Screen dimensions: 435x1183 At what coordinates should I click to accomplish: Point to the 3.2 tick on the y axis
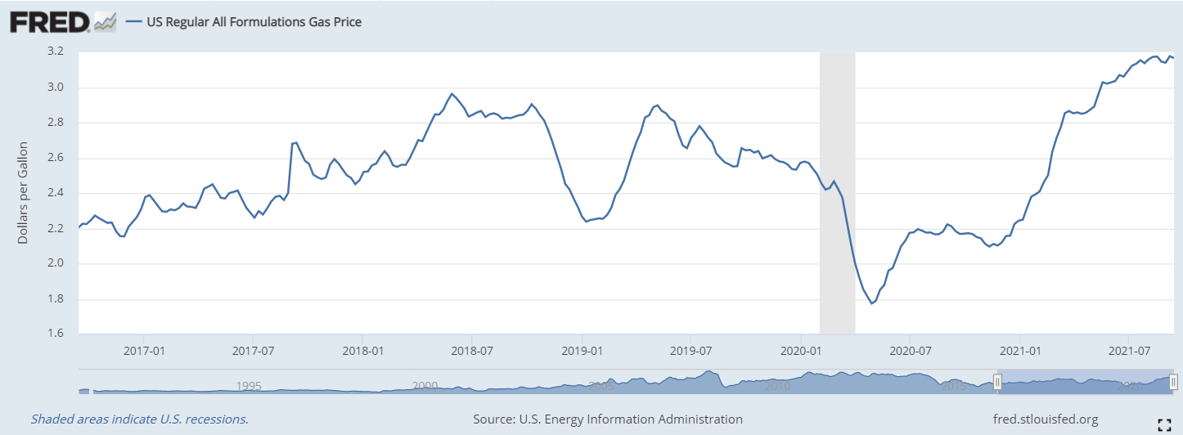56,52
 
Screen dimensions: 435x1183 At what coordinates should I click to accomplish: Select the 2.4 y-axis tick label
56,193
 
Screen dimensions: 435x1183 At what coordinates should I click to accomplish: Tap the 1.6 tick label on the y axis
56,334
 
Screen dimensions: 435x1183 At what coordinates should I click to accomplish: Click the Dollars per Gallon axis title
24,192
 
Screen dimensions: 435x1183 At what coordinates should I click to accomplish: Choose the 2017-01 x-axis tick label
144,351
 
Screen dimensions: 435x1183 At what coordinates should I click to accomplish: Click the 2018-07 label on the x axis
472,351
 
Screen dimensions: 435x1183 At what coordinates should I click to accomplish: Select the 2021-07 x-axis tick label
1128,351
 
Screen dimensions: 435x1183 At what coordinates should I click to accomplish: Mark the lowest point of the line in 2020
871,304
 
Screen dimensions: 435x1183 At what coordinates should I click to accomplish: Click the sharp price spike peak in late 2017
295,142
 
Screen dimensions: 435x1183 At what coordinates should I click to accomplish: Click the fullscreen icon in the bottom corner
1166,423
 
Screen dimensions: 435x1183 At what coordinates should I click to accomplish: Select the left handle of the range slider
997,382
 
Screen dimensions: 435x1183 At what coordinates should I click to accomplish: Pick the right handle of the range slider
1173,382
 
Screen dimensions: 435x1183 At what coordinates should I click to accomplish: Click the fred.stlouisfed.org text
1045,419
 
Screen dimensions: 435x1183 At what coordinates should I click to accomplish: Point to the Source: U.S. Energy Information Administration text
608,419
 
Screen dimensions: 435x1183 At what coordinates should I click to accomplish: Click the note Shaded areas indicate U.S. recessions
139,419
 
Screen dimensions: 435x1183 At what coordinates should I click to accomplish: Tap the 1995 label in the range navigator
248,386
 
